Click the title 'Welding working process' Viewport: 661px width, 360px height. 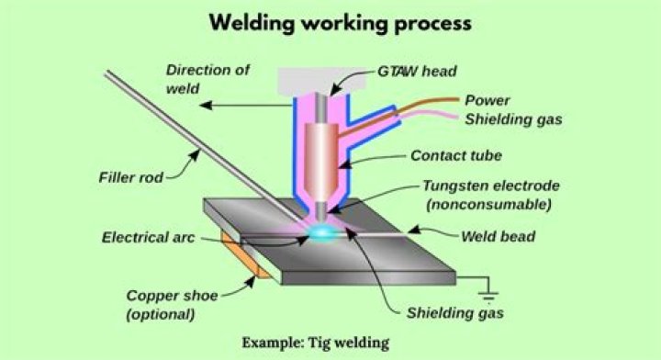click(330, 21)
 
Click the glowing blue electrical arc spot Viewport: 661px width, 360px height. click(324, 235)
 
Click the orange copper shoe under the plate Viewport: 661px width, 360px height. click(246, 260)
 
